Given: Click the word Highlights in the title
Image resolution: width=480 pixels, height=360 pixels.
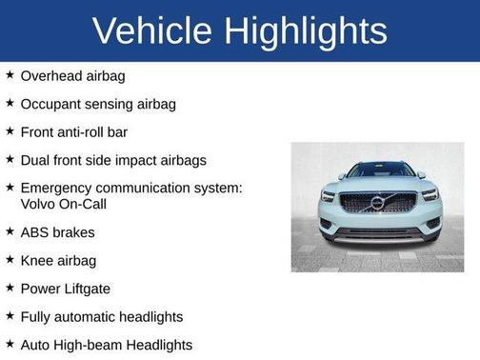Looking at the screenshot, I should (x=308, y=30).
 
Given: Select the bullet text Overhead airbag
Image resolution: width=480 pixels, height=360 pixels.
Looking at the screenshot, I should (x=72, y=75).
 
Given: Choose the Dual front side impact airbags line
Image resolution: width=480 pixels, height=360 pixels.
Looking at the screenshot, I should (x=113, y=160).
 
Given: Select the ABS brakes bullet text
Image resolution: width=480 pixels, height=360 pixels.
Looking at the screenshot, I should (x=57, y=231).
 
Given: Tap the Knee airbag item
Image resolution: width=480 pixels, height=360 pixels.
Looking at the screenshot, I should (x=58, y=260).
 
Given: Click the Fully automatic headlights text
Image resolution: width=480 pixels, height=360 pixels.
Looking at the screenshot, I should (x=101, y=316).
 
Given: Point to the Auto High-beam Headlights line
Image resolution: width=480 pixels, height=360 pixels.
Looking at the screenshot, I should (x=106, y=345).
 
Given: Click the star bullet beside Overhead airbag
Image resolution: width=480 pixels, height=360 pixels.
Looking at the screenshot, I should (x=10, y=74).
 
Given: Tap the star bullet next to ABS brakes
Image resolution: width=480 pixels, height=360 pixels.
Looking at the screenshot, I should (x=10, y=230).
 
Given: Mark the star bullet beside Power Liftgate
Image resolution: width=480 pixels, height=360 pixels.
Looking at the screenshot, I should (x=10, y=287).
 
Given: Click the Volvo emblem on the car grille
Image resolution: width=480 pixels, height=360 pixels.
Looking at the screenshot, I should (x=378, y=204).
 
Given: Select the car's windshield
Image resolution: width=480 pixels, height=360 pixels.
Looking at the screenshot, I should (x=378, y=170).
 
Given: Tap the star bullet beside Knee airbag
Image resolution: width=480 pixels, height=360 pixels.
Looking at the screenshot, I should (x=10, y=259).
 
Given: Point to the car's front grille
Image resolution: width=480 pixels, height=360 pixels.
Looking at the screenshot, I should (x=378, y=204).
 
